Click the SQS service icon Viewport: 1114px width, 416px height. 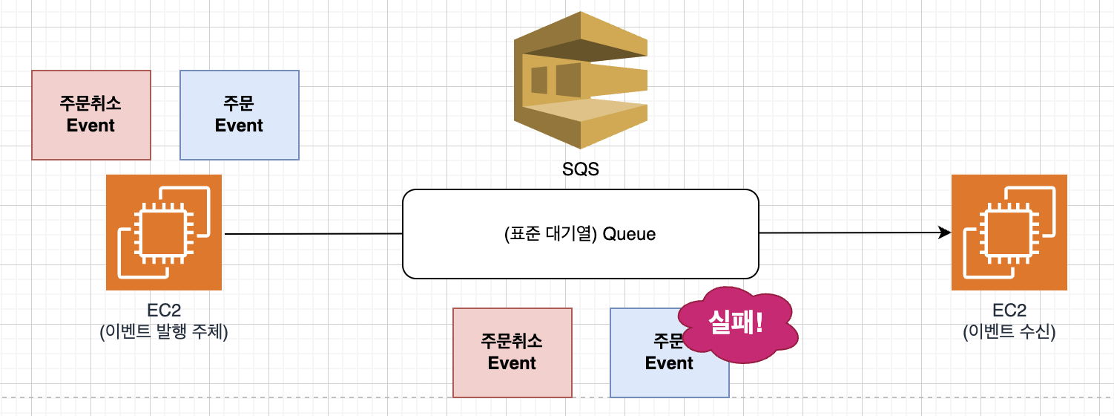(x=581, y=79)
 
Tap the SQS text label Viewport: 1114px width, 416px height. (x=581, y=169)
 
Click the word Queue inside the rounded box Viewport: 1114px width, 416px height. (x=629, y=234)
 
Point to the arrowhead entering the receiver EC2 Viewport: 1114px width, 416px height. (x=945, y=233)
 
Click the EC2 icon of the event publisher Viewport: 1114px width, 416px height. (x=164, y=233)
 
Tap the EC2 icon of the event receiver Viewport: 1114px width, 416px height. (x=1009, y=233)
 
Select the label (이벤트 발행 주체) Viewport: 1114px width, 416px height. (x=164, y=332)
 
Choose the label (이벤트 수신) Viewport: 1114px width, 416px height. (x=1009, y=332)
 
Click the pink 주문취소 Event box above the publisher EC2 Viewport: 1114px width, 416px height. (x=91, y=115)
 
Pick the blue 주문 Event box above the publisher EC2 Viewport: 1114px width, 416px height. (x=240, y=115)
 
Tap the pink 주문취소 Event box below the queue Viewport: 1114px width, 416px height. (x=512, y=353)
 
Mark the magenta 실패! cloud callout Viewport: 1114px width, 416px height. (x=738, y=325)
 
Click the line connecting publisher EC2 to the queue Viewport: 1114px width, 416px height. (x=312, y=233)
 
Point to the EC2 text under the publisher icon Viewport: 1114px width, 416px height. (x=164, y=311)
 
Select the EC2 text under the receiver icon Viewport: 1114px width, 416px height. (x=1009, y=311)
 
